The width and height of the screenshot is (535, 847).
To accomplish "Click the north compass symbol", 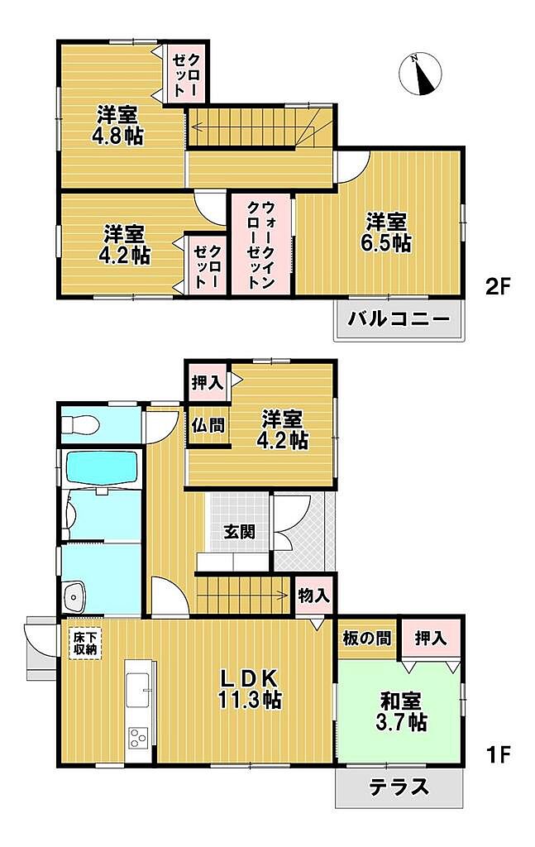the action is tap(421, 74).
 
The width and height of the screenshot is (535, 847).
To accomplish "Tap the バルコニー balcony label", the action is tap(399, 318).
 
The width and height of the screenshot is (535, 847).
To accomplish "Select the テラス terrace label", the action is tap(399, 787).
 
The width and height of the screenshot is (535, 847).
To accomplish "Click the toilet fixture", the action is tap(79, 424).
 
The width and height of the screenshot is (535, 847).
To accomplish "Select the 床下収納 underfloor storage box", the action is tap(85, 642).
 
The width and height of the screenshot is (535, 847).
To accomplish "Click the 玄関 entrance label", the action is tap(239, 532).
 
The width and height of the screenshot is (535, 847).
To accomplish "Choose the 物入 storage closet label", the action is tap(313, 596).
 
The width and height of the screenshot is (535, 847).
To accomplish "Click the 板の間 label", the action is tap(366, 639).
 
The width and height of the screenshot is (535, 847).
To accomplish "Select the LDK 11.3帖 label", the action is tap(249, 689).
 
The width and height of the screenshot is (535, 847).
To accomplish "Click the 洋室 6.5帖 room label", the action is tap(385, 232).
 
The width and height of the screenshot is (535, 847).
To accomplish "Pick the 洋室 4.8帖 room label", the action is tap(117, 126).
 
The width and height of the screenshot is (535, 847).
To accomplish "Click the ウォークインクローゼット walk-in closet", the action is tap(261, 245).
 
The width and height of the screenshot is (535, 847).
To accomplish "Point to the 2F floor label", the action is tap(498, 287).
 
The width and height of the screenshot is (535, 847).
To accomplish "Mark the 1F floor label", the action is tap(498, 754).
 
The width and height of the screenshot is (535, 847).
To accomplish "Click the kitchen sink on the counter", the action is tap(138, 690).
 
